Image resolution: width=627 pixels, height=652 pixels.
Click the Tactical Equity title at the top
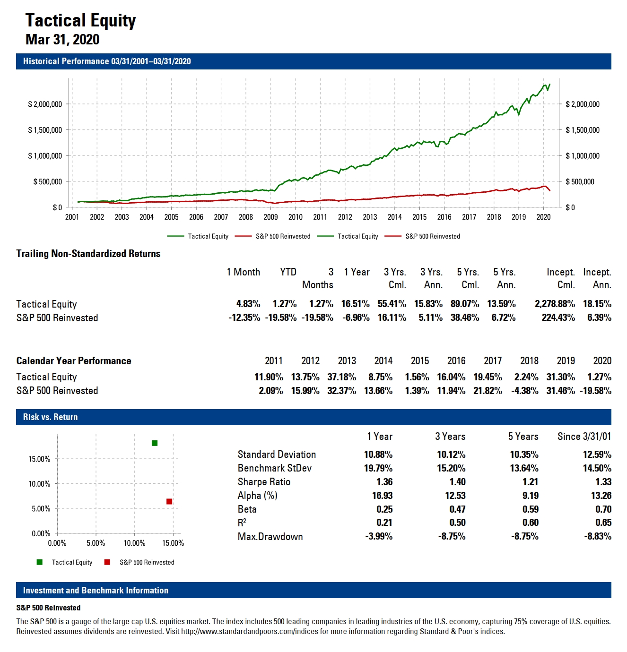click(x=80, y=20)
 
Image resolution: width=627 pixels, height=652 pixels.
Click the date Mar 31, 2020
click(x=62, y=39)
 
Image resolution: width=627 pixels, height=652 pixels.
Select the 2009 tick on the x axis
click(x=270, y=217)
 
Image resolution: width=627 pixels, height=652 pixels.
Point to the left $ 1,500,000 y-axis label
click(x=45, y=130)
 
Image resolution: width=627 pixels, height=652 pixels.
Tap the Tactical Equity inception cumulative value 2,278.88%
click(x=555, y=304)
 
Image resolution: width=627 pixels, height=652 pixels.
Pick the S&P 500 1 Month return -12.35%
click(x=244, y=317)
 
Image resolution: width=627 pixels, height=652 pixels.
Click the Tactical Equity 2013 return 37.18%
click(x=341, y=377)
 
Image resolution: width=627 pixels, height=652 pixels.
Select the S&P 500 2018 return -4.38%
click(x=524, y=391)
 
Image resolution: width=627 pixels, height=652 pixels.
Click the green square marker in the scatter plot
click(x=155, y=443)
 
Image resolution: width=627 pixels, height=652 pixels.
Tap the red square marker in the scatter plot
click(x=169, y=501)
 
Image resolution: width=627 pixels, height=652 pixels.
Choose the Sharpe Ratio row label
click(x=264, y=482)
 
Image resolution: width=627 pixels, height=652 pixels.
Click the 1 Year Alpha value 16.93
click(x=382, y=496)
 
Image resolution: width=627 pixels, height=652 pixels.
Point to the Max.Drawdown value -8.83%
click(x=598, y=536)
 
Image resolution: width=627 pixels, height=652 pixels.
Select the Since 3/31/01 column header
click(x=584, y=437)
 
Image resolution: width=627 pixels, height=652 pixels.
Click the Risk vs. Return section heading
click(x=50, y=417)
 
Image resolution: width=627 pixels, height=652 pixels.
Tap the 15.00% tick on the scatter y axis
click(x=39, y=459)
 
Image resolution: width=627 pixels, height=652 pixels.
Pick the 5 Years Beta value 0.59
click(x=530, y=509)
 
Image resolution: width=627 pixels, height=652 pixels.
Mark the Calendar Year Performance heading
click(x=74, y=361)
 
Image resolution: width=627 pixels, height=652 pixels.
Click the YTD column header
click(x=288, y=272)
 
